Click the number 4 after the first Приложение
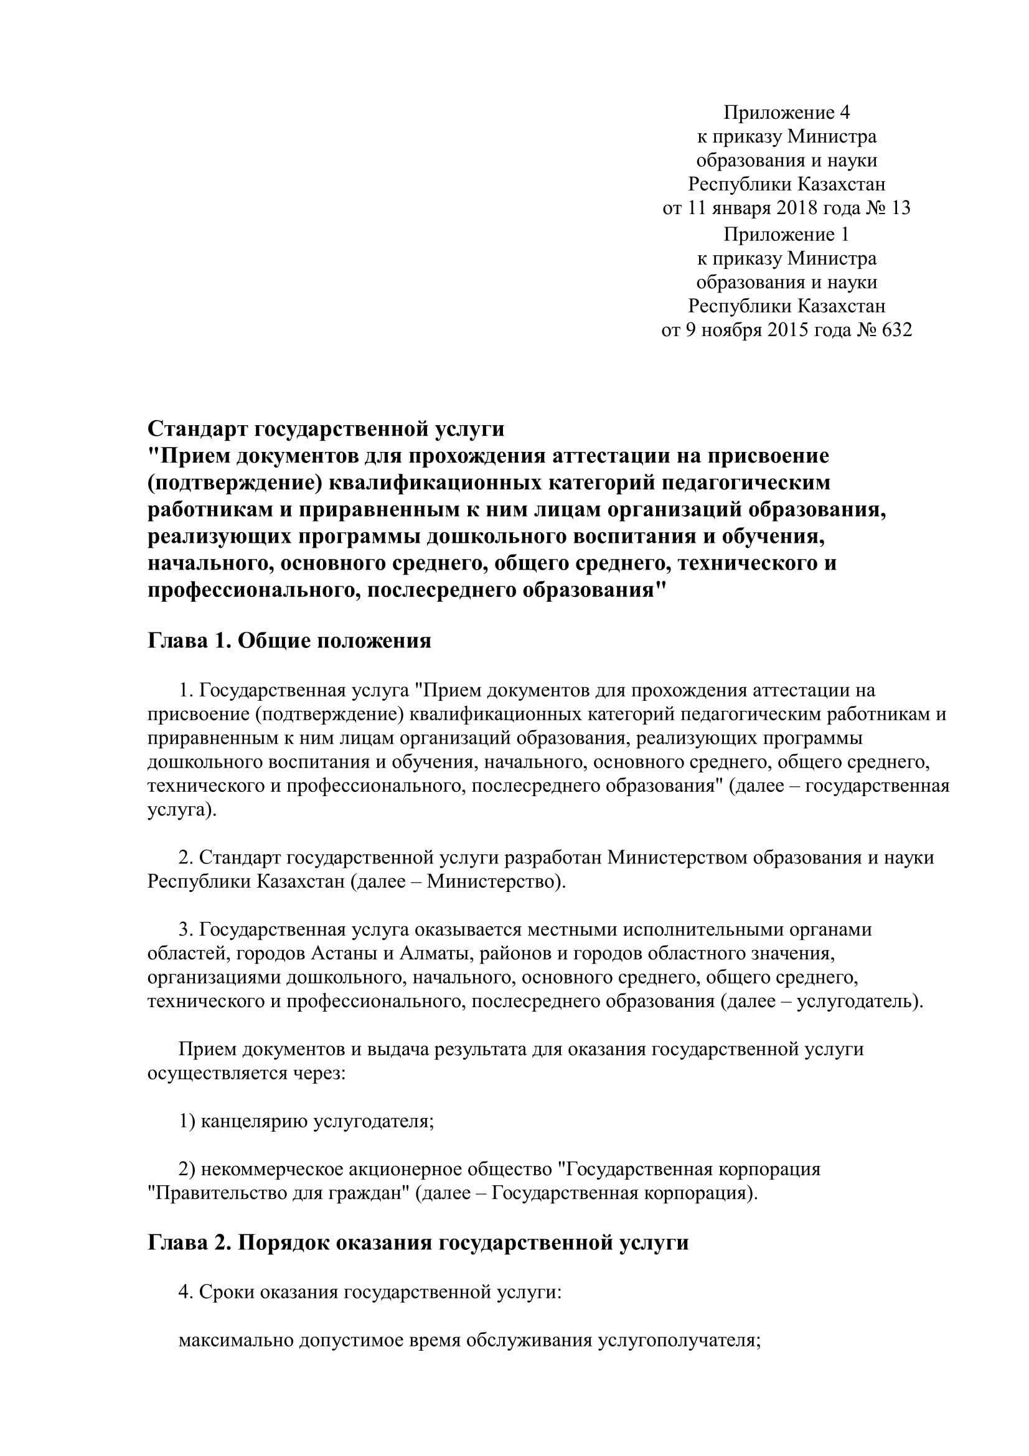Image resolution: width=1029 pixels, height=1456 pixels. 844,113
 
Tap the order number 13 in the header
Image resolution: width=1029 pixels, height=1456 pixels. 900,208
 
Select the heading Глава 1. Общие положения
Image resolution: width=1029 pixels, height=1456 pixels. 289,641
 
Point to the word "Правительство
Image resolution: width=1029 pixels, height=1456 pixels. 212,1193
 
